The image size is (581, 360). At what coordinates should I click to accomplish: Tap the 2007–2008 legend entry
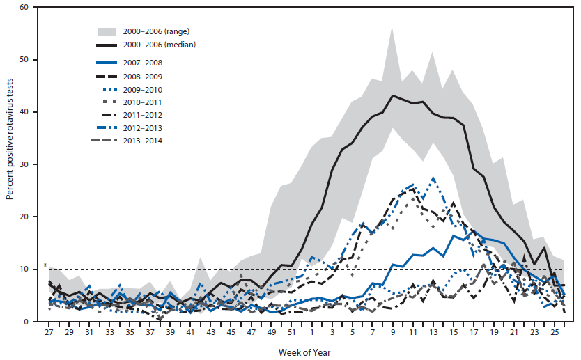point(143,63)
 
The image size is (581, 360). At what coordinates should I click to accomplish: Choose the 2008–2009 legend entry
point(143,76)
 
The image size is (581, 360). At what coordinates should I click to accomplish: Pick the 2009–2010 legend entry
point(143,89)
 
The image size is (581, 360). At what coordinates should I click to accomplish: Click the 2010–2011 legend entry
point(143,102)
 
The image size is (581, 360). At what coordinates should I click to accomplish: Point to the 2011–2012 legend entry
point(143,116)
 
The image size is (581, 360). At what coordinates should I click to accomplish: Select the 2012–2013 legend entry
point(143,128)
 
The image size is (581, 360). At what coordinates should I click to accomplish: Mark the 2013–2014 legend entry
point(143,141)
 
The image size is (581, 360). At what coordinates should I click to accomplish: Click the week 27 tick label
point(49,334)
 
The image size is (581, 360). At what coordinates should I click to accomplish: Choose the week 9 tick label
point(393,334)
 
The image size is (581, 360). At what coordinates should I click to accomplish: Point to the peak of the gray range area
point(392,27)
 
